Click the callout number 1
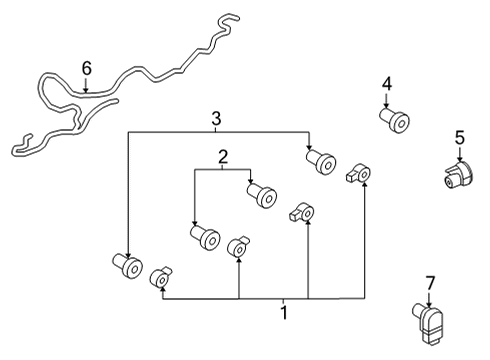pos(284,313)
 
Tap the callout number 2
pos(222,156)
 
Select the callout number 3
pos(215,119)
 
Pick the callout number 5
pos(460,136)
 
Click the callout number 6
pos(86,68)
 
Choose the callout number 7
pos(430,282)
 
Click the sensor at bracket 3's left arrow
pos(127,266)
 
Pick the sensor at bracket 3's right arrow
pos(321,160)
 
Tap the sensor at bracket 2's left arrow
pos(205,237)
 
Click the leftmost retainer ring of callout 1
pos(160,277)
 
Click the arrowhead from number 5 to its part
pos(460,159)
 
